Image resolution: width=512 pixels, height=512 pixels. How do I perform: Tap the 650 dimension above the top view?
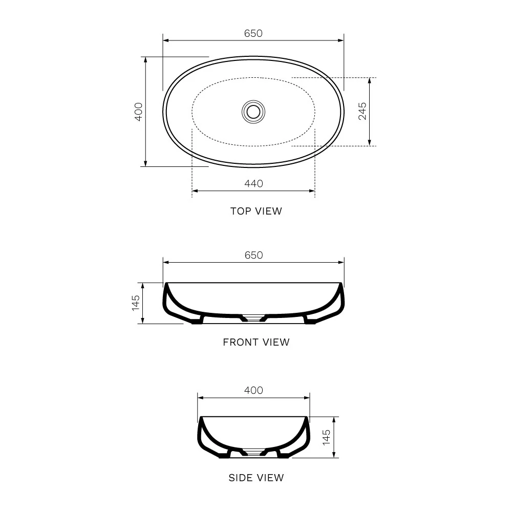click(x=253, y=33)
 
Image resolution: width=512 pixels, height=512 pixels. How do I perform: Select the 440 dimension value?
click(x=253, y=183)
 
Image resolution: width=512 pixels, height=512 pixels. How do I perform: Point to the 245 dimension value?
click(x=362, y=111)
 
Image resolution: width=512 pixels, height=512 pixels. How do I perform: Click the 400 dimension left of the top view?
click(x=138, y=111)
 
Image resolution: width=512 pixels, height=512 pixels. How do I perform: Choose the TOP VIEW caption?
click(x=256, y=211)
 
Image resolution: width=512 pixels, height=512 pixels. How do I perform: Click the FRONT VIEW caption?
click(x=256, y=342)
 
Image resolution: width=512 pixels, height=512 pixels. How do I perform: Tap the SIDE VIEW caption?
click(x=256, y=478)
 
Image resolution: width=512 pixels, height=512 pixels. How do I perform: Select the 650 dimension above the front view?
click(x=253, y=255)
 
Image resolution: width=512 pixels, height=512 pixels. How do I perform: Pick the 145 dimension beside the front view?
click(x=136, y=303)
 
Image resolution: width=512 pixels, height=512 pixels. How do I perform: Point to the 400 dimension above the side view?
click(x=253, y=390)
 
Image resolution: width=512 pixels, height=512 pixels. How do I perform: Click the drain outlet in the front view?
click(x=253, y=318)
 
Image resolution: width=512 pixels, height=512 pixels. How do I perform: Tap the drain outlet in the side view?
click(x=253, y=453)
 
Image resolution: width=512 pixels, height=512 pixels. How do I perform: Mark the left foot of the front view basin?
click(x=197, y=321)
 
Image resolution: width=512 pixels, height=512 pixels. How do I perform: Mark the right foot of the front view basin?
click(x=310, y=321)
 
